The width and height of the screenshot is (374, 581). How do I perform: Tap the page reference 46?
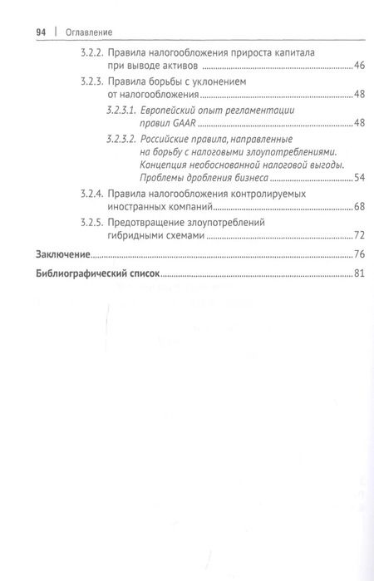coord(359,65)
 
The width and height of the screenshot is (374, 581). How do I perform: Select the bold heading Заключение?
coord(60,254)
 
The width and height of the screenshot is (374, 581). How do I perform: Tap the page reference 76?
coord(359,254)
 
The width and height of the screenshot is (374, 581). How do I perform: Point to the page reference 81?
coord(359,273)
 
